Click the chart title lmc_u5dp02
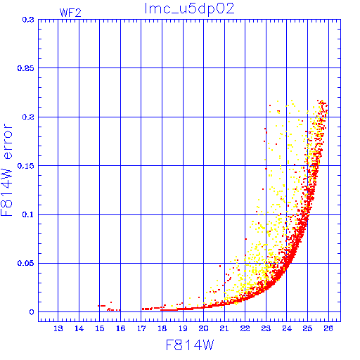coord(189,9)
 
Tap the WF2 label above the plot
coord(70,13)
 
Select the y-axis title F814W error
coord(6,169)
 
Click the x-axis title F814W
coord(190,345)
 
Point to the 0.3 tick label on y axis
coord(28,20)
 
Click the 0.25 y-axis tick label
coord(25,68)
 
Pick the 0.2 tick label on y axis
coord(28,117)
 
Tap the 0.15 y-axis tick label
coord(25,166)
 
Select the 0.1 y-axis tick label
coord(28,214)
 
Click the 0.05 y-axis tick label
coord(25,263)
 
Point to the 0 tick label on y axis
coord(32,312)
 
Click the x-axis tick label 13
coord(58,328)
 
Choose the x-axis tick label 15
coord(100,328)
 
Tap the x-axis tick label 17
coord(141,328)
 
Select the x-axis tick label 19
coord(183,328)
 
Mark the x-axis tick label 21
coord(224,328)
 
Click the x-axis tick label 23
coord(266,328)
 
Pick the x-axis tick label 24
coord(287,328)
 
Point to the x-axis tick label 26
coord(328,328)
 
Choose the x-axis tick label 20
coord(203,328)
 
